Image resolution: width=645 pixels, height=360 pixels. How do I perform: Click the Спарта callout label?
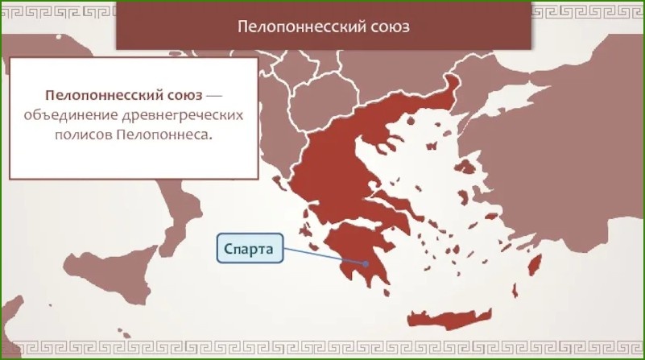250,249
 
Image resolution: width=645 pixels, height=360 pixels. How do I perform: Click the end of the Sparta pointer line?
366,262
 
